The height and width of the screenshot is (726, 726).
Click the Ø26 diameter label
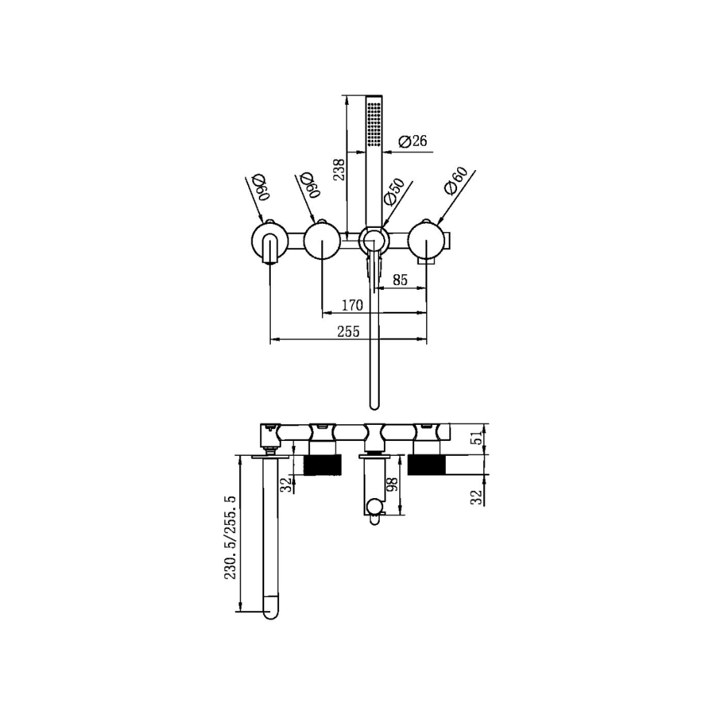(413, 141)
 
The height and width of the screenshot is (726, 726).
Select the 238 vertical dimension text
(340, 169)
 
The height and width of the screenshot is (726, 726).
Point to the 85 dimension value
(400, 280)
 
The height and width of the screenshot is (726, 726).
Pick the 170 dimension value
(352, 305)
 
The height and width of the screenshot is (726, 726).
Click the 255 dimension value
(348, 331)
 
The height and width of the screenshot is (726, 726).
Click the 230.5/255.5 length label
(230, 538)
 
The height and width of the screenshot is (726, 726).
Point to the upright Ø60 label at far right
(456, 180)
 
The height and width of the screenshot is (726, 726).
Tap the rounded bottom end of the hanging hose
(374, 404)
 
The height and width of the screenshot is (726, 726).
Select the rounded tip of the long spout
(270, 610)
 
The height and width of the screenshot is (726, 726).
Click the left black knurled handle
(323, 465)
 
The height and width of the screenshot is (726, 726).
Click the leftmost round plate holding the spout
(270, 242)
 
